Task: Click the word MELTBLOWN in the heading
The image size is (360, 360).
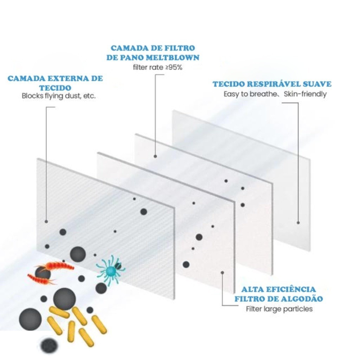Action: click(172, 57)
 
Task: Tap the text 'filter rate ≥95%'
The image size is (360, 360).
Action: click(157, 67)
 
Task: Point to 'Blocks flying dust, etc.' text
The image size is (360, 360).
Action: click(59, 96)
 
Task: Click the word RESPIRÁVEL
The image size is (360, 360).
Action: click(272, 84)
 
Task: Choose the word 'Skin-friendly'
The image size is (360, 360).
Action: click(305, 94)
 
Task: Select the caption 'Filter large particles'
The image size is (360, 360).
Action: click(279, 309)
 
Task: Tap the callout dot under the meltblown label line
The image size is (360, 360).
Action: click(155, 156)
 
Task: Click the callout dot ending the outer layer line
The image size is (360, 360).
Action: click(46, 221)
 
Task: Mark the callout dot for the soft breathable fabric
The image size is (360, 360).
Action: click(298, 223)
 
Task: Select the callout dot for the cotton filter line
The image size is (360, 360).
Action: click(222, 273)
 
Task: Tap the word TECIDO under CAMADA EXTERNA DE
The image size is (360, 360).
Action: click(55, 88)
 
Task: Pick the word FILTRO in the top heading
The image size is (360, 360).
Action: click(180, 48)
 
